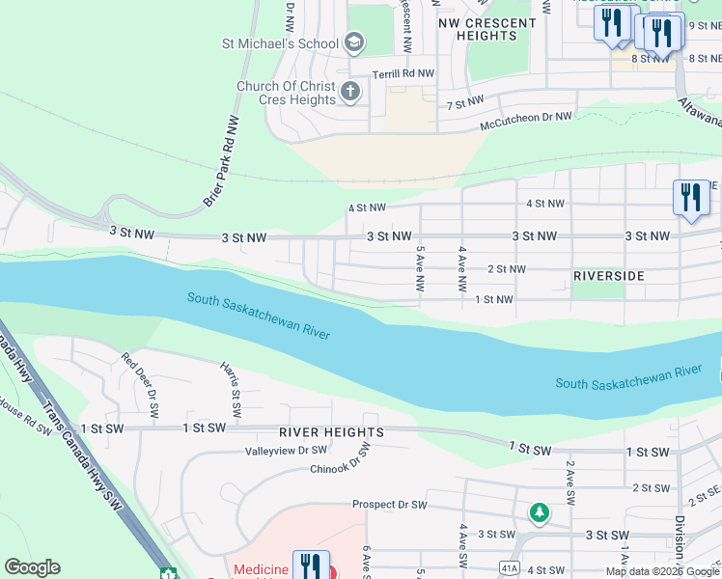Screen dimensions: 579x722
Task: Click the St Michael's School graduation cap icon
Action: click(354, 42)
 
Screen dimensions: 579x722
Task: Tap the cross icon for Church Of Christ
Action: click(349, 93)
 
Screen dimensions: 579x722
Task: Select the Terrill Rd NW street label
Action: click(404, 73)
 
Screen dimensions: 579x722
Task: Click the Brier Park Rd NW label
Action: click(221, 159)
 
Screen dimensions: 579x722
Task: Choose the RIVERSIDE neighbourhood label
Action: click(608, 276)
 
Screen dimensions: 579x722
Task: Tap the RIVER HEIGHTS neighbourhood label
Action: click(332, 432)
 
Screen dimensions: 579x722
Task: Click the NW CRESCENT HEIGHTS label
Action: click(486, 29)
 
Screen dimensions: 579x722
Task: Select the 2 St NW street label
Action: click(507, 269)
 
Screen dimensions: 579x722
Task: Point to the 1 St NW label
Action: click(494, 300)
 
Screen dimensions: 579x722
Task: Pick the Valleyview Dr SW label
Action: click(286, 451)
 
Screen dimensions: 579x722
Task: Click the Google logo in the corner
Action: click(33, 567)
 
